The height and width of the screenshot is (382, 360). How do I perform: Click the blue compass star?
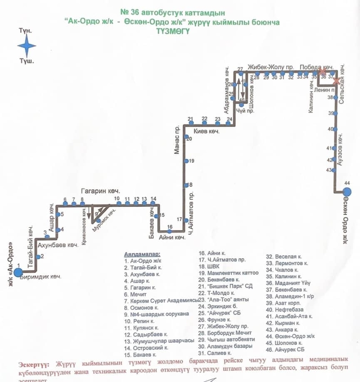click(x=27, y=45)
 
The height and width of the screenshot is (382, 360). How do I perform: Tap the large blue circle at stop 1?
click(x=18, y=272)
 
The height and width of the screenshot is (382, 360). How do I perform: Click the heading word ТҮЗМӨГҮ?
click(x=172, y=31)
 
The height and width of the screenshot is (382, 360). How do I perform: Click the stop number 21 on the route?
click(x=190, y=119)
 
